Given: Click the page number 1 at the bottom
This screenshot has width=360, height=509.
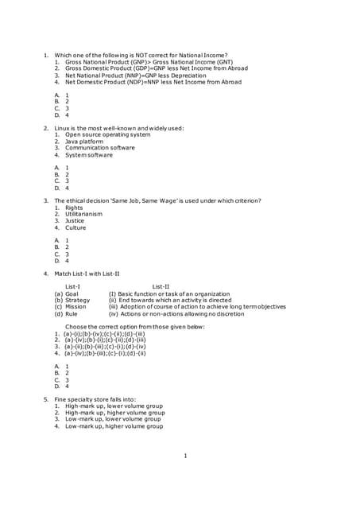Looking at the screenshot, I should (184, 456).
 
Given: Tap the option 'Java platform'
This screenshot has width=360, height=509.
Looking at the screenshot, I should (84, 142).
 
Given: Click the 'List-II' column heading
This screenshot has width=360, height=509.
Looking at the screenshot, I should (161, 286).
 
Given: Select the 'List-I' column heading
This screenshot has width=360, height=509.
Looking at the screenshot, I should (72, 286).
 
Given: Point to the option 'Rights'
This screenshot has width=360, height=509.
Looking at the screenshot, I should (74, 208).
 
